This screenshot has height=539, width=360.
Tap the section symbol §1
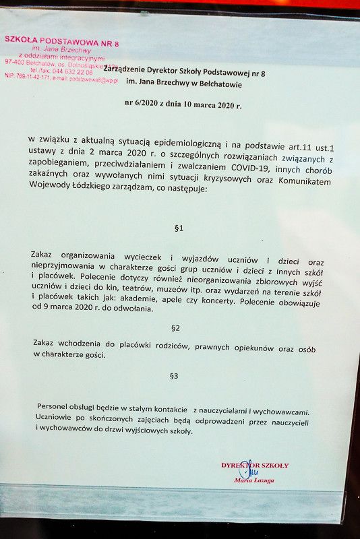(179, 228)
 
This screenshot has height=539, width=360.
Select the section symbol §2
(176, 328)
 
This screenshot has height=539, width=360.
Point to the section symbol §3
(174, 375)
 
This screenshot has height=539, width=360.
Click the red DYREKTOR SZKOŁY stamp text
(255, 465)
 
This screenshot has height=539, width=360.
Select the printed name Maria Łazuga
(254, 480)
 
